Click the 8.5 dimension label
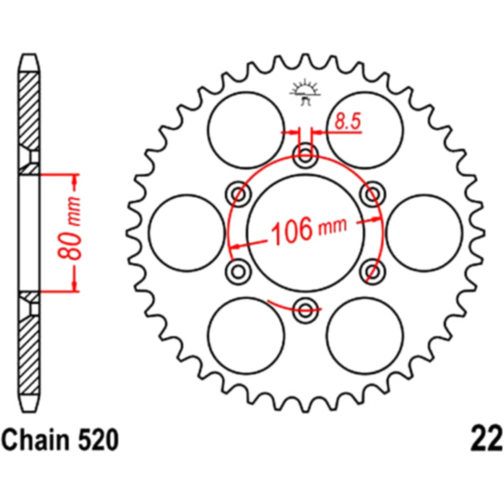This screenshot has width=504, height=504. pyautogui.click(x=348, y=122)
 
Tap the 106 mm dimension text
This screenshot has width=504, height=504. pyautogui.click(x=309, y=228)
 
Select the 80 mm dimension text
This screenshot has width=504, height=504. pyautogui.click(x=69, y=228)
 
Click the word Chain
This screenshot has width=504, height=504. pyautogui.click(x=34, y=440)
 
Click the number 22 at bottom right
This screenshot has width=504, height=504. pyautogui.click(x=486, y=439)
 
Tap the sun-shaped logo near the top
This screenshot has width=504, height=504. pyautogui.click(x=305, y=93)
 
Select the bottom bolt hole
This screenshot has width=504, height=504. pyautogui.click(x=305, y=309)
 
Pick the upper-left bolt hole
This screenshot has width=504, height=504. pyautogui.click(x=239, y=193)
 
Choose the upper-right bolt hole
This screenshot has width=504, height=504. pyautogui.click(x=372, y=193)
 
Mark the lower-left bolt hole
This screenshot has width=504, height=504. pyautogui.click(x=239, y=271)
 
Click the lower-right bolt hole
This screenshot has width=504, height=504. pyautogui.click(x=372, y=271)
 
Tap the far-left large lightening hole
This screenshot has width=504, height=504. pyautogui.click(x=187, y=233)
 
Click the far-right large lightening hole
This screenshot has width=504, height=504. pyautogui.click(x=424, y=233)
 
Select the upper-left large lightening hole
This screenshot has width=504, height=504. pyautogui.click(x=246, y=130)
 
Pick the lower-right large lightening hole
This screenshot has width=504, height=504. pyautogui.click(x=365, y=335)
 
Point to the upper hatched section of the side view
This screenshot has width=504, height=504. pyautogui.click(x=29, y=123)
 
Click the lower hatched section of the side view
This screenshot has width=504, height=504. pyautogui.click(x=29, y=343)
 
